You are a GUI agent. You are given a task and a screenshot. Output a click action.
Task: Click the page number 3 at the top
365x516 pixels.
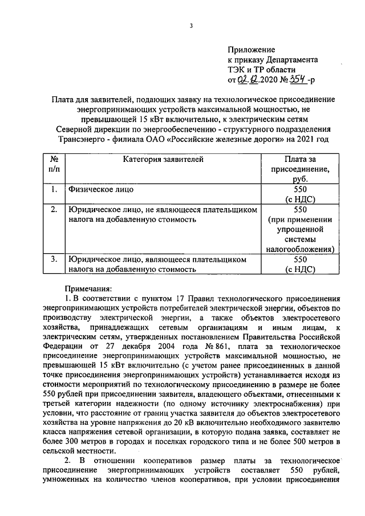click(x=192, y=26)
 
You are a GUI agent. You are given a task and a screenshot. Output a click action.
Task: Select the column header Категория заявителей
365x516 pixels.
click(x=163, y=160)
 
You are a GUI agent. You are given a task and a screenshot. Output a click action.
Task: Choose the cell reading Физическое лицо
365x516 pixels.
click(x=102, y=189)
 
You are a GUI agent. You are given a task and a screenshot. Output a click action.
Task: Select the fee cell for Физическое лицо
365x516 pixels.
click(x=300, y=194)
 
